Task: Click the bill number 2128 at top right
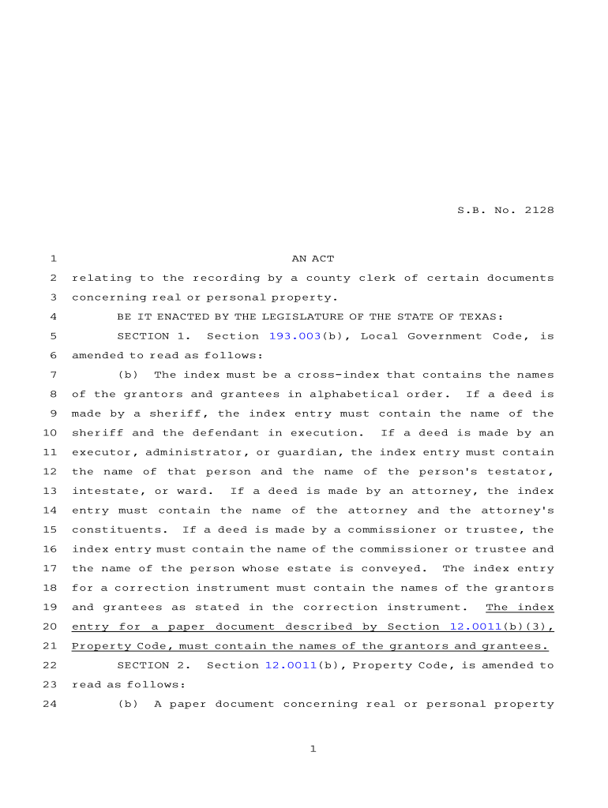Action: pyautogui.click(x=539, y=210)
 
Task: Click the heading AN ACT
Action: pyautogui.click(x=313, y=259)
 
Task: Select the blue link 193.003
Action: pyautogui.click(x=295, y=336)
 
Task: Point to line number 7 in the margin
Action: pyautogui.click(x=52, y=375)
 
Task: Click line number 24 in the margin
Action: pyautogui.click(x=49, y=704)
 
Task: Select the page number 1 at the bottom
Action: pyautogui.click(x=313, y=749)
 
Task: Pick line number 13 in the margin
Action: pyautogui.click(x=49, y=491)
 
